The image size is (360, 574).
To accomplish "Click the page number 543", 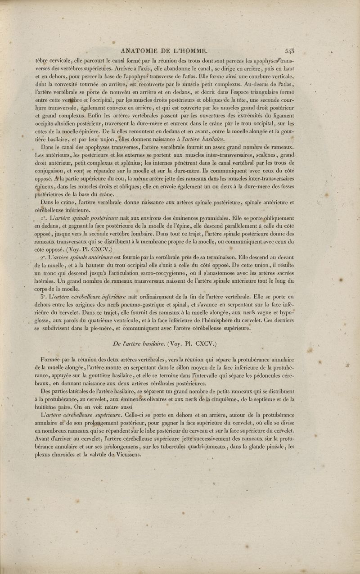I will tap(290, 51).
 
